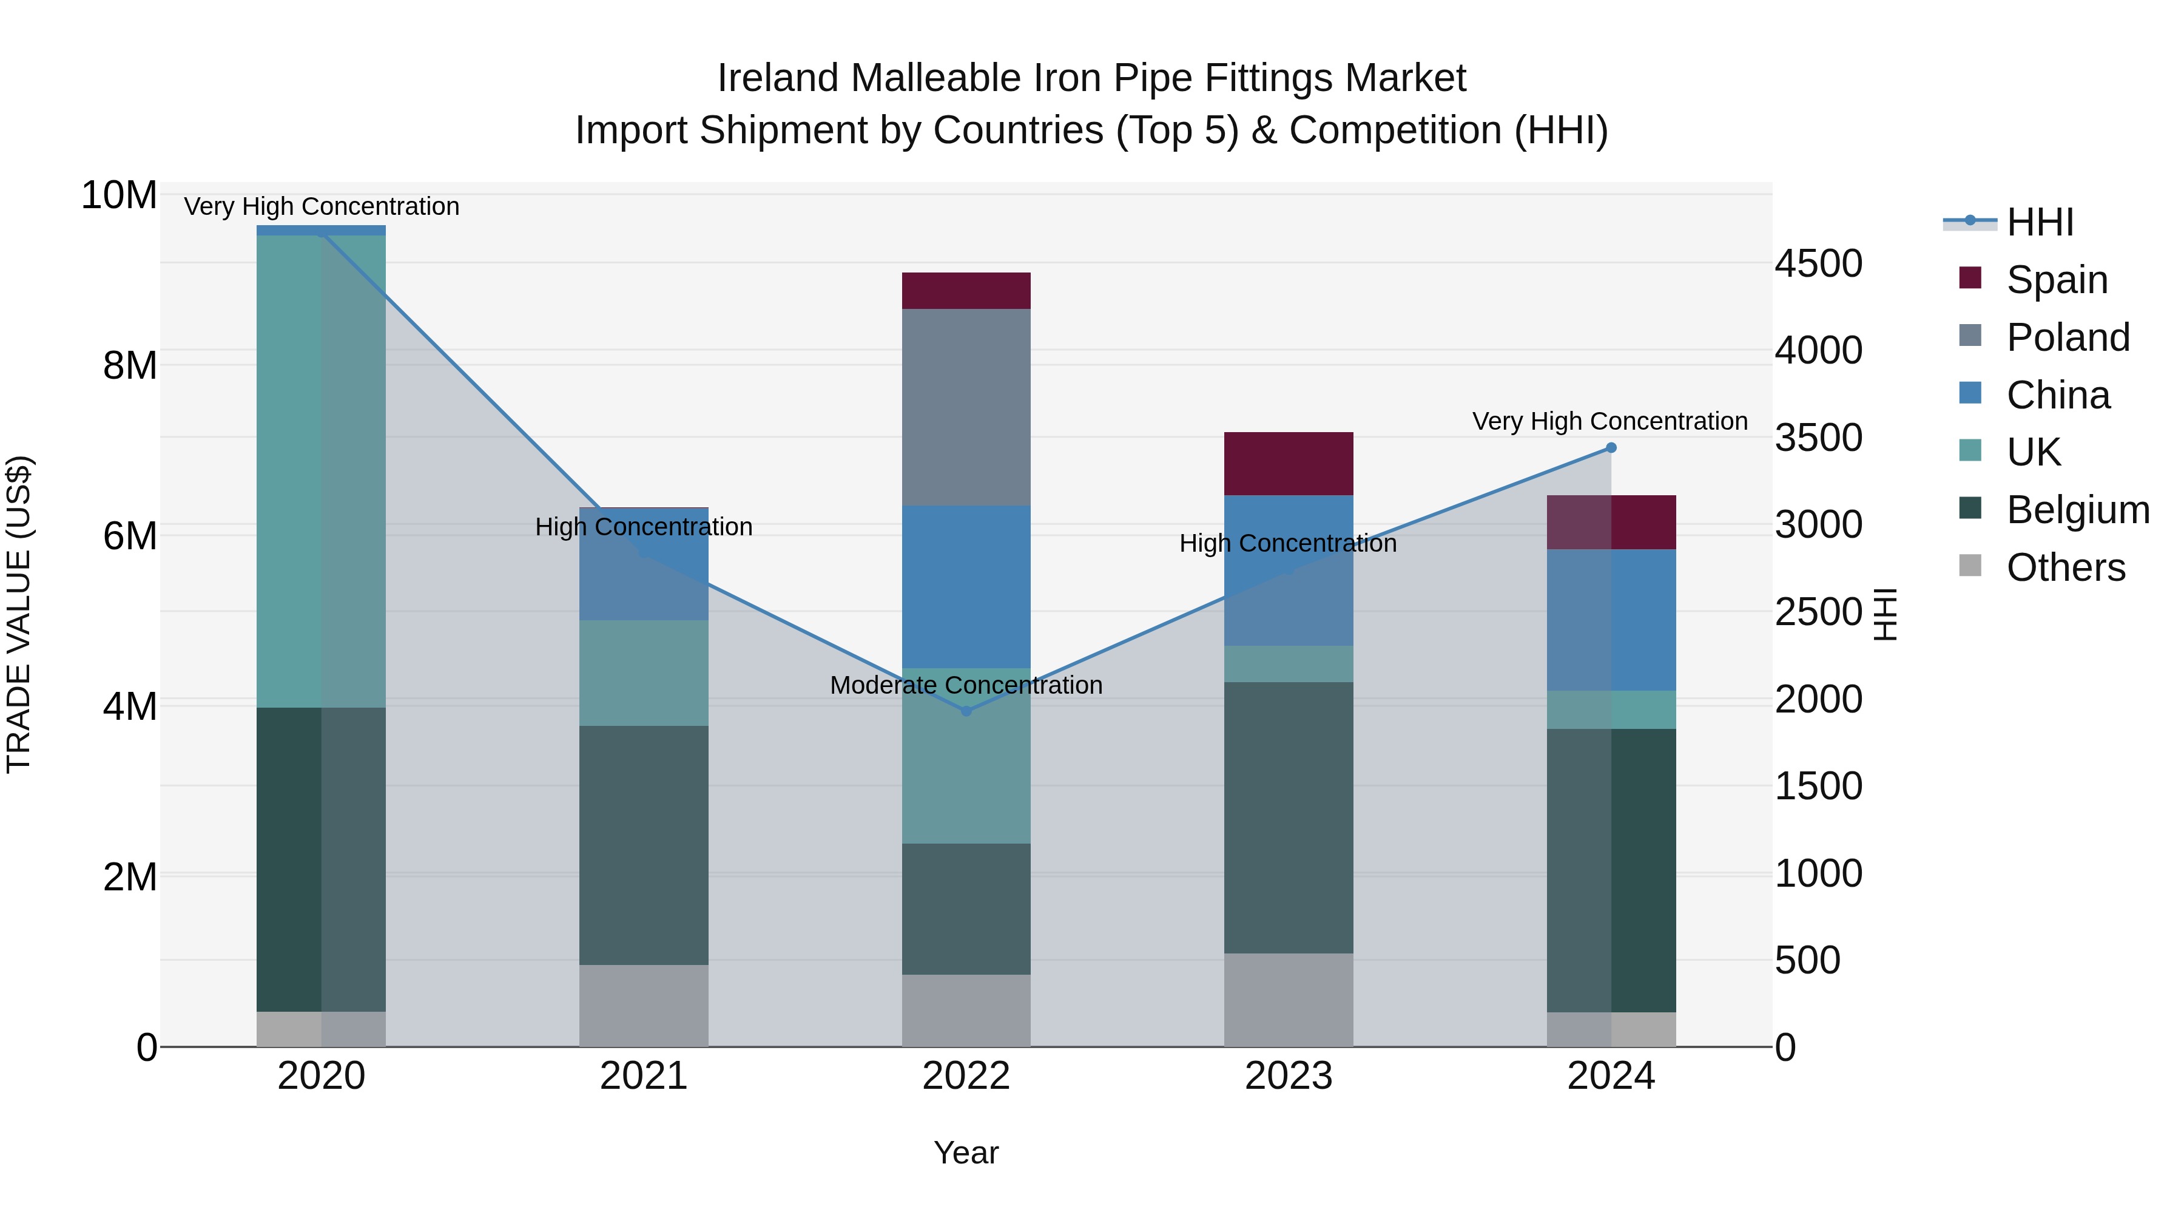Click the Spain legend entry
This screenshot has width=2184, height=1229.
[2057, 280]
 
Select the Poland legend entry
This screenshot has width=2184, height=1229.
[2067, 337]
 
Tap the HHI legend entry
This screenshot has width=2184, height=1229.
[2040, 222]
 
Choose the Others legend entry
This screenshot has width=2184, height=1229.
[2065, 567]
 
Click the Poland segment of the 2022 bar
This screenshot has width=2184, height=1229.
[966, 407]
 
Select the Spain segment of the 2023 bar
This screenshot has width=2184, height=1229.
[1288, 463]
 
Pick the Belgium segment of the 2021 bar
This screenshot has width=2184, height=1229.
[644, 845]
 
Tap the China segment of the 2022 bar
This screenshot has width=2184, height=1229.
[966, 587]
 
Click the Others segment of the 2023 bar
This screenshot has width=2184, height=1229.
[1288, 1000]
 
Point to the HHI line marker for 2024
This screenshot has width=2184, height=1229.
[1611, 448]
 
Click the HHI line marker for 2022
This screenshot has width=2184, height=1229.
[966, 711]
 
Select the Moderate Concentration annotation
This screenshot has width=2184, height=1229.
[966, 685]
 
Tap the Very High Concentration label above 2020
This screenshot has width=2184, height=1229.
[322, 206]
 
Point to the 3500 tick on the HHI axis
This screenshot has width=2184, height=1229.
[1819, 438]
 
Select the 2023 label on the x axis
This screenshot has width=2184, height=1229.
[1288, 1076]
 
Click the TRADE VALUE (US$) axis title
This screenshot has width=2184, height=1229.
[19, 614]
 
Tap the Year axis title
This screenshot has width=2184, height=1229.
[966, 1153]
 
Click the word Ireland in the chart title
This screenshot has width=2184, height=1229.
[778, 78]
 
